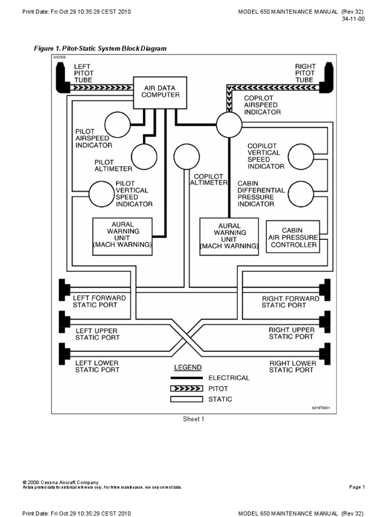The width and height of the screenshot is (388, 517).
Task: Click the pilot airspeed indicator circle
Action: coord(117,123)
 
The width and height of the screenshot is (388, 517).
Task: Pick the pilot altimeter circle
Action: coord(144,156)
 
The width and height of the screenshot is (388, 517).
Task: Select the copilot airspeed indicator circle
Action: coord(230,123)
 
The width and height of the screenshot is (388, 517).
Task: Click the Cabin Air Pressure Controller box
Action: coord(293,236)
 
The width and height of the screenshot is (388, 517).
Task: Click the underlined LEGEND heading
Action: coord(188,367)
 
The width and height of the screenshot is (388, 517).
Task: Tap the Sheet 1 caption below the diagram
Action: coord(193,419)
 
